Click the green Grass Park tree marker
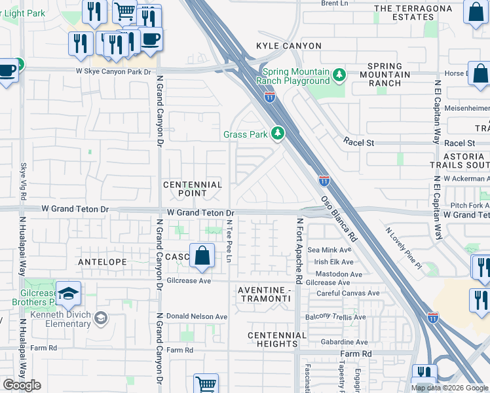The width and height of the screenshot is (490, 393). point(278,134)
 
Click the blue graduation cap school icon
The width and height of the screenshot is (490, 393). point(67,294)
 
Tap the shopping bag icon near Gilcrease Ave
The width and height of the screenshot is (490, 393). point(202,256)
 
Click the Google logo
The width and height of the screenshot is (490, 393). point(22,385)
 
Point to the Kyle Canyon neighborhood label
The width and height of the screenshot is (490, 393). point(279,46)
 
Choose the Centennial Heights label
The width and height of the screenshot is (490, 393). point(277,339)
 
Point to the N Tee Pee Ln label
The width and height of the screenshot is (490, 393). point(229,242)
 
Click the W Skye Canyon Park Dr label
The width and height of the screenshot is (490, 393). point(113,71)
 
